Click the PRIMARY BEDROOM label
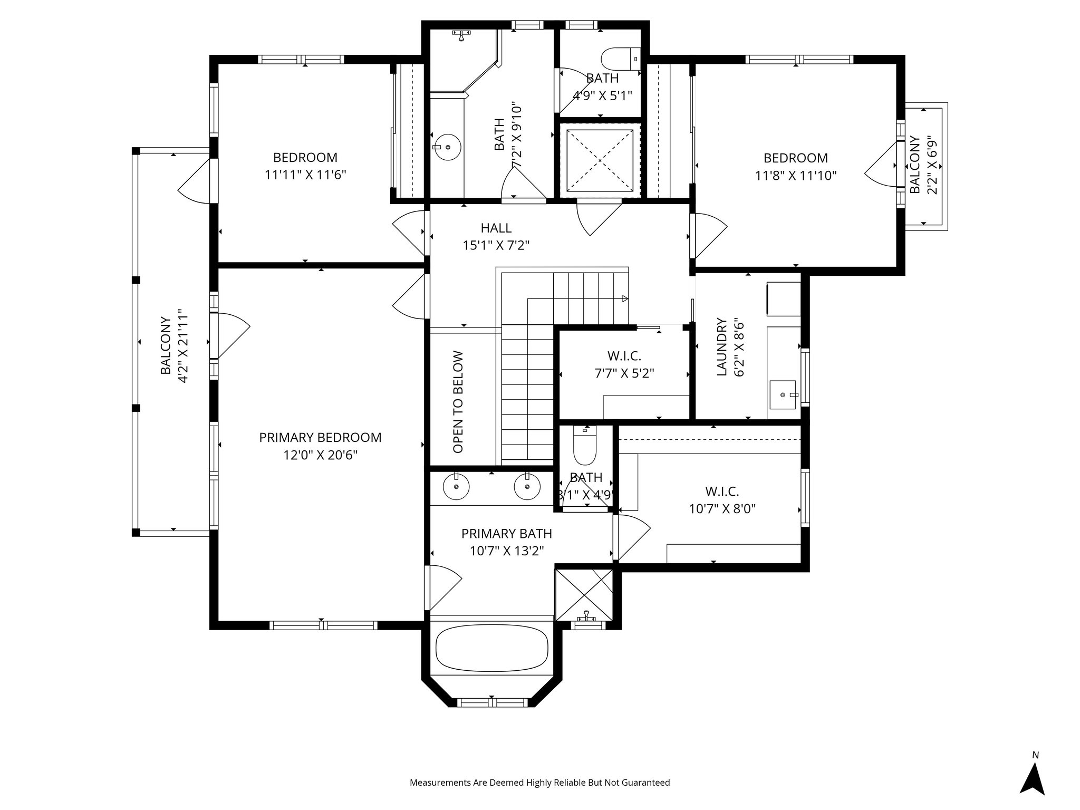coord(320,438)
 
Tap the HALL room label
coord(496,228)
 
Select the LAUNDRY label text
coord(722,347)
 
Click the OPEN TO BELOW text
coord(458,402)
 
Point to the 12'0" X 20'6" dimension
coord(321,455)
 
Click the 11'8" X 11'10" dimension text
coord(796,175)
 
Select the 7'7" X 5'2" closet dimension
coord(624,373)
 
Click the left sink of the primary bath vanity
coord(456,486)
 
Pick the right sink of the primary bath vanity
coord(526,486)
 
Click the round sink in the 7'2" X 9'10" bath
coord(447,147)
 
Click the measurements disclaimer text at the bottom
coord(539,783)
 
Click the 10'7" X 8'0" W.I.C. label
coord(722,508)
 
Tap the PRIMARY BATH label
coord(506,534)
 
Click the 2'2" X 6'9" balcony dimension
coord(933,165)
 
